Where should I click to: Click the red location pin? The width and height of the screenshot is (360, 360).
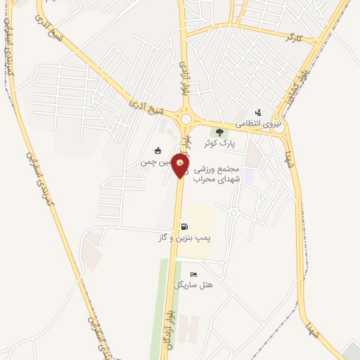[181, 166]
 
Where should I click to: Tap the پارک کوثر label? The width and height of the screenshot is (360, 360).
[219, 143]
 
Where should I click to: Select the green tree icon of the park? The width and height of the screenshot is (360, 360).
[219, 132]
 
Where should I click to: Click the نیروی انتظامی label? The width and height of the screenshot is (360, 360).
[258, 123]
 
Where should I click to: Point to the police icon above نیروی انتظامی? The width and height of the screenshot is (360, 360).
[258, 112]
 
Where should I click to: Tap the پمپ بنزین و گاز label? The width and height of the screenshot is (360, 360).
[184, 238]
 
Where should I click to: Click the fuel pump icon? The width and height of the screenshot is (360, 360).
[184, 226]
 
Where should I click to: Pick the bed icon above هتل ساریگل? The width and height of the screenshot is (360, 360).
[194, 274]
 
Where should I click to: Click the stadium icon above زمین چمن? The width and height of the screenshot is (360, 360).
[157, 150]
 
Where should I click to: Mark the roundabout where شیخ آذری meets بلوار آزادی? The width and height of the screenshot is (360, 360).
[186, 119]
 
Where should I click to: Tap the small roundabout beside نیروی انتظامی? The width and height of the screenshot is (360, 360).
[279, 129]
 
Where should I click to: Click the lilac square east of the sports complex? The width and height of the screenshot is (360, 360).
[249, 173]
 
